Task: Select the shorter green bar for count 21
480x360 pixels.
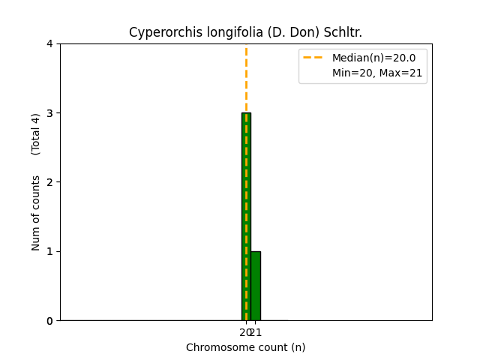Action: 256,286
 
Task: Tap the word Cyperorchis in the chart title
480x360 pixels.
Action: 157,32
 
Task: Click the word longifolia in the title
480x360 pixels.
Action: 214,32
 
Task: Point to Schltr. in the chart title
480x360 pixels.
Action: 342,32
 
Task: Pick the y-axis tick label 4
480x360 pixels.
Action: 49,43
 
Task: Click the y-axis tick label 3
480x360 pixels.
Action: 49,113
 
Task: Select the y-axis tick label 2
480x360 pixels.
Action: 49,182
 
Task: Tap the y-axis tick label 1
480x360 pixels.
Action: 49,251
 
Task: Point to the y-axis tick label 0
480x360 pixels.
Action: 49,320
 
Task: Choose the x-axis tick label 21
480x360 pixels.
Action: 256,332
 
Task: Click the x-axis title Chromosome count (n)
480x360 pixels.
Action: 246,347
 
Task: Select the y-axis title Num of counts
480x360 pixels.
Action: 36,213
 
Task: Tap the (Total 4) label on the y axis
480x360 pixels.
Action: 36,134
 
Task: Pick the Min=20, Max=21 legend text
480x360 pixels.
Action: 377,73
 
